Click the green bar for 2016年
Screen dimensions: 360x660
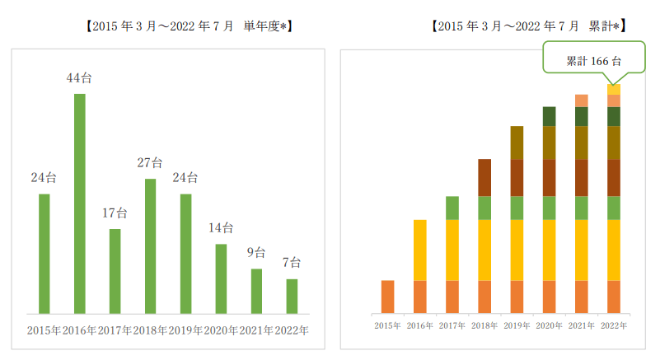tap(80, 203)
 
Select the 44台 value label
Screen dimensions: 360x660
tap(80, 79)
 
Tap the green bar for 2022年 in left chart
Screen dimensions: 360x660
tap(293, 297)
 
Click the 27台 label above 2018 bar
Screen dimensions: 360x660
tap(151, 163)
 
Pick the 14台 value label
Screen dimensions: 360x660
tap(221, 228)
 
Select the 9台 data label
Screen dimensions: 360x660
tap(256, 253)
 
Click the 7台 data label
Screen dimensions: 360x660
tap(292, 264)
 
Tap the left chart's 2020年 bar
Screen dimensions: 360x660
tap(221, 278)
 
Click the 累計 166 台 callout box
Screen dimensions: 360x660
tap(582, 61)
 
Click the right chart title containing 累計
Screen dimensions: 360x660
tap(529, 26)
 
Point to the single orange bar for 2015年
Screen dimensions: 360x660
tap(387, 297)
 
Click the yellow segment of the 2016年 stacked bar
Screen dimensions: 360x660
tap(419, 250)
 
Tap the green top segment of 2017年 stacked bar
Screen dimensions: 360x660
tap(452, 208)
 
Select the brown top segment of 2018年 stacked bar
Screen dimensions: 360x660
tap(484, 177)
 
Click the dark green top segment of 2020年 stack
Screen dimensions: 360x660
tap(549, 116)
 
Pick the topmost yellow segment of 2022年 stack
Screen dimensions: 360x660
tap(613, 89)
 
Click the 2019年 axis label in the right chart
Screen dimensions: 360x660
tap(517, 325)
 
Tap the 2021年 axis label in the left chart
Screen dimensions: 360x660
tap(256, 331)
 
